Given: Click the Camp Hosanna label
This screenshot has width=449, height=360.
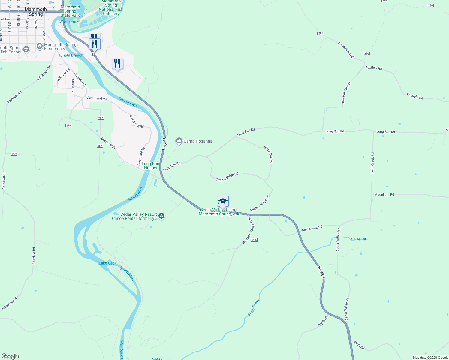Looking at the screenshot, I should [198, 141].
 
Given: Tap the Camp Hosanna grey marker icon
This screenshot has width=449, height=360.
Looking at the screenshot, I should [179, 141].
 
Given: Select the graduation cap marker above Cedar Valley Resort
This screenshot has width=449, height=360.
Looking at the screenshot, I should [223, 201].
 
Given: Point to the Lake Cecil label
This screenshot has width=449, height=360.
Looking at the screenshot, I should [107, 263].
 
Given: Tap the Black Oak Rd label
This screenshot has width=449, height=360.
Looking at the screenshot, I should [269, 154].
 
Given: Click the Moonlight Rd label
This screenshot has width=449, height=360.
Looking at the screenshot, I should [384, 195].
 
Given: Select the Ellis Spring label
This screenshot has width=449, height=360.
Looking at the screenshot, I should [358, 239].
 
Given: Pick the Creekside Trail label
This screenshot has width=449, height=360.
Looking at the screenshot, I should [346, 50].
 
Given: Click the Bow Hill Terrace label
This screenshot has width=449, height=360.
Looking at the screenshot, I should [346, 93].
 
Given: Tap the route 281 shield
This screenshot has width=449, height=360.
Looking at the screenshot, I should [321, 33].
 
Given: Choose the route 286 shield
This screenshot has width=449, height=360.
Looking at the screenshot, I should [254, 240].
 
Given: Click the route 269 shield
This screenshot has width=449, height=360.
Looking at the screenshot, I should [14, 154].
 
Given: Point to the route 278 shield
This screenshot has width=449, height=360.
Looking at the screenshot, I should [68, 125].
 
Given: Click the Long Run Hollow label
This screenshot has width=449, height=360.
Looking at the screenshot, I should [150, 166].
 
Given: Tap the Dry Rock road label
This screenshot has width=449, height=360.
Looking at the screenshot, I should [323, 321].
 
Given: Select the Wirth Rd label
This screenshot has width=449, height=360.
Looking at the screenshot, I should [359, 345].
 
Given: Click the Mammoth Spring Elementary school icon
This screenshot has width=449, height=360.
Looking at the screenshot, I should [39, 46].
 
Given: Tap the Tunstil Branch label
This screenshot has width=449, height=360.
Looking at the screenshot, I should [71, 55].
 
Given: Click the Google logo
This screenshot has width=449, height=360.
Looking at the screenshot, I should [10, 356].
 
